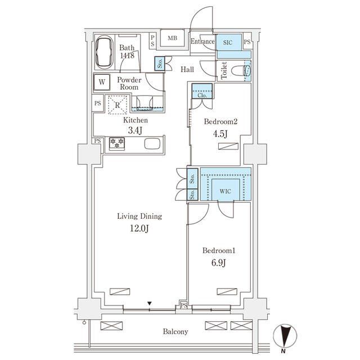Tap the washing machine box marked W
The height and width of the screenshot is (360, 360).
[102, 82]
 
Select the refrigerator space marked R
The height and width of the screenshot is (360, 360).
[118, 105]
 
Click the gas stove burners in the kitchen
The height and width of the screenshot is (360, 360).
[117, 143]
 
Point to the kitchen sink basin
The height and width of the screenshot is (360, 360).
[152, 144]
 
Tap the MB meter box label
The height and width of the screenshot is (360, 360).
[172, 38]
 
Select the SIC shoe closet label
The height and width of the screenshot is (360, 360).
[228, 43]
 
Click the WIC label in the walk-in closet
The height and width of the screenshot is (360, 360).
[225, 191]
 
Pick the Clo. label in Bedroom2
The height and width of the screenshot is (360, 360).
[202, 95]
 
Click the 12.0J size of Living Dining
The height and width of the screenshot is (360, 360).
[139, 228]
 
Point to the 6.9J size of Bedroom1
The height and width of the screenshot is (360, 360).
[219, 263]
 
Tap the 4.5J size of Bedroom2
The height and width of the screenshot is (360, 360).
[220, 134]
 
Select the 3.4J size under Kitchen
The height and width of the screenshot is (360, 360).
[135, 130]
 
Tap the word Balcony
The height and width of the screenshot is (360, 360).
[175, 331]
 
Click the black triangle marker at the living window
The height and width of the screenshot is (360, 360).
[150, 304]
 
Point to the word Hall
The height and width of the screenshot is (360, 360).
[187, 69]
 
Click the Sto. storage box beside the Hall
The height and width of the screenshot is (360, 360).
[160, 64]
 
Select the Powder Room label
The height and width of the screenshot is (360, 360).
[129, 83]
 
